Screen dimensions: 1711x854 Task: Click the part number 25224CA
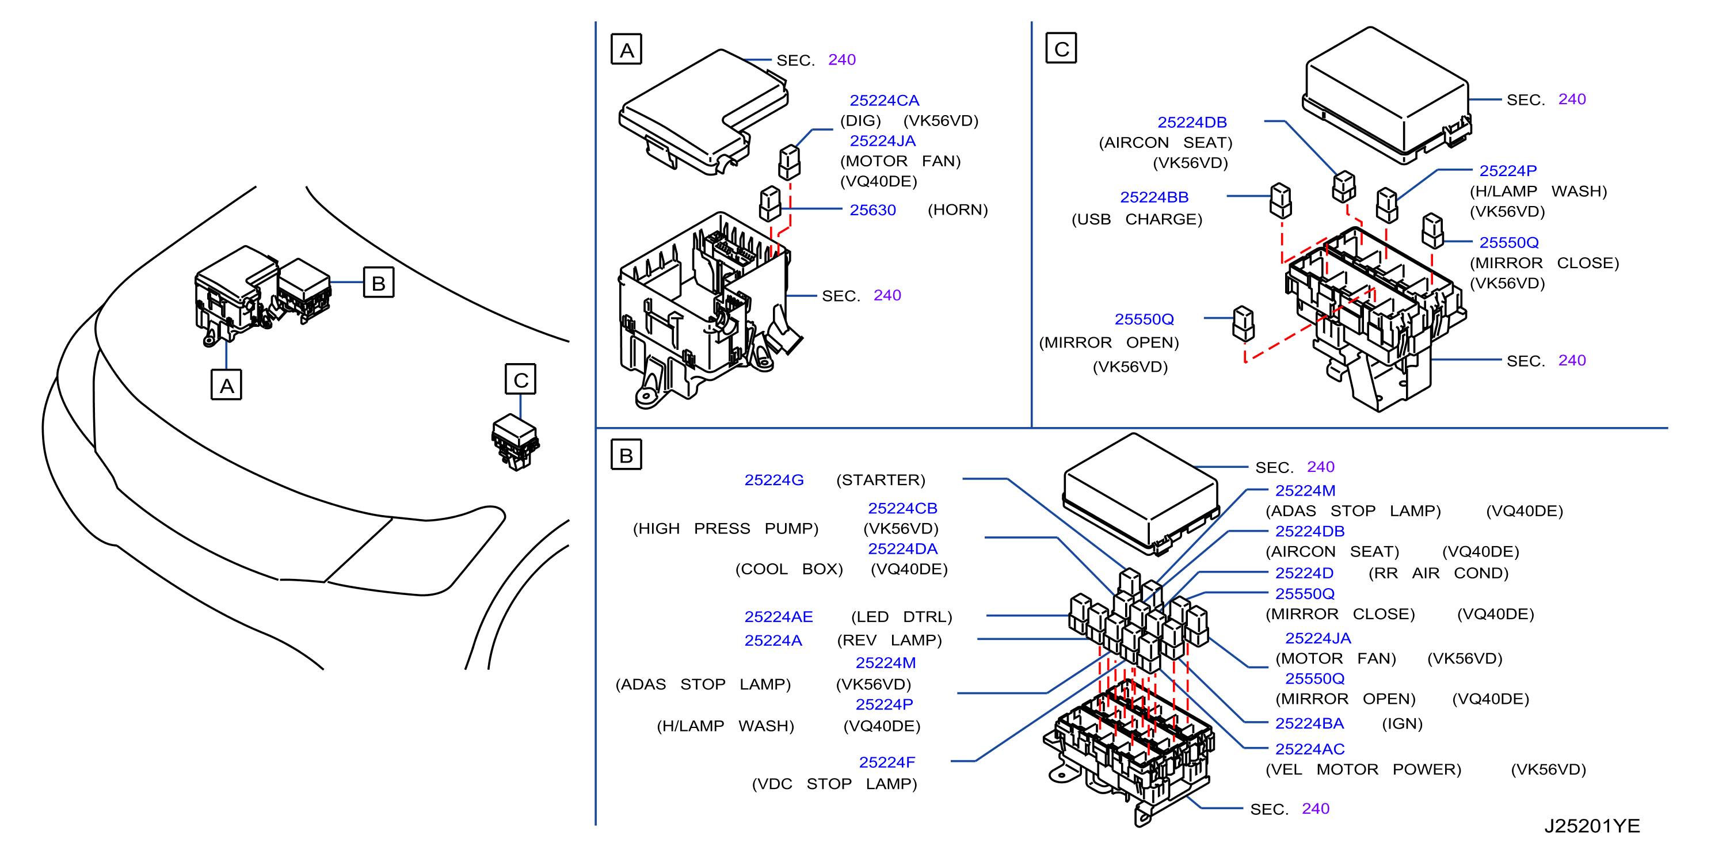coord(884,100)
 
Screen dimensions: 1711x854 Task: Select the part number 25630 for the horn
coord(873,210)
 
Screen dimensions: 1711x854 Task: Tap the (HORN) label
coord(958,210)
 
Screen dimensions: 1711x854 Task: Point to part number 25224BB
coord(1154,197)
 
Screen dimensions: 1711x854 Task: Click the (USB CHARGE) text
coord(1137,219)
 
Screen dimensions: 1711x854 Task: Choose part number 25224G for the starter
coord(774,480)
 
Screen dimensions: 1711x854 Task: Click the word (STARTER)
coord(880,480)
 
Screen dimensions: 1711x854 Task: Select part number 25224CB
coord(902,508)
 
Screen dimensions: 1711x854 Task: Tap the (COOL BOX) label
coord(789,569)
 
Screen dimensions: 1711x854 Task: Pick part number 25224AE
coord(779,617)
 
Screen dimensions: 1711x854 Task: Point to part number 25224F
coord(887,762)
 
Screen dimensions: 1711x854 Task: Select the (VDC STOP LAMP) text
coord(834,784)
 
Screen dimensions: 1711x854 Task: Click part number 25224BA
coord(1309,723)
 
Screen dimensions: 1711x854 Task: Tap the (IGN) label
coord(1402,723)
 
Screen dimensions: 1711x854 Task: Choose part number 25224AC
coord(1310,749)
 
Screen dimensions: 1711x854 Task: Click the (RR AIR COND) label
coord(1438,573)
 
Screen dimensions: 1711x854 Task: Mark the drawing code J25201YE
coord(1592,826)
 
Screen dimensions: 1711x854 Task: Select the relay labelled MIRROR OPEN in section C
coord(1244,324)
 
